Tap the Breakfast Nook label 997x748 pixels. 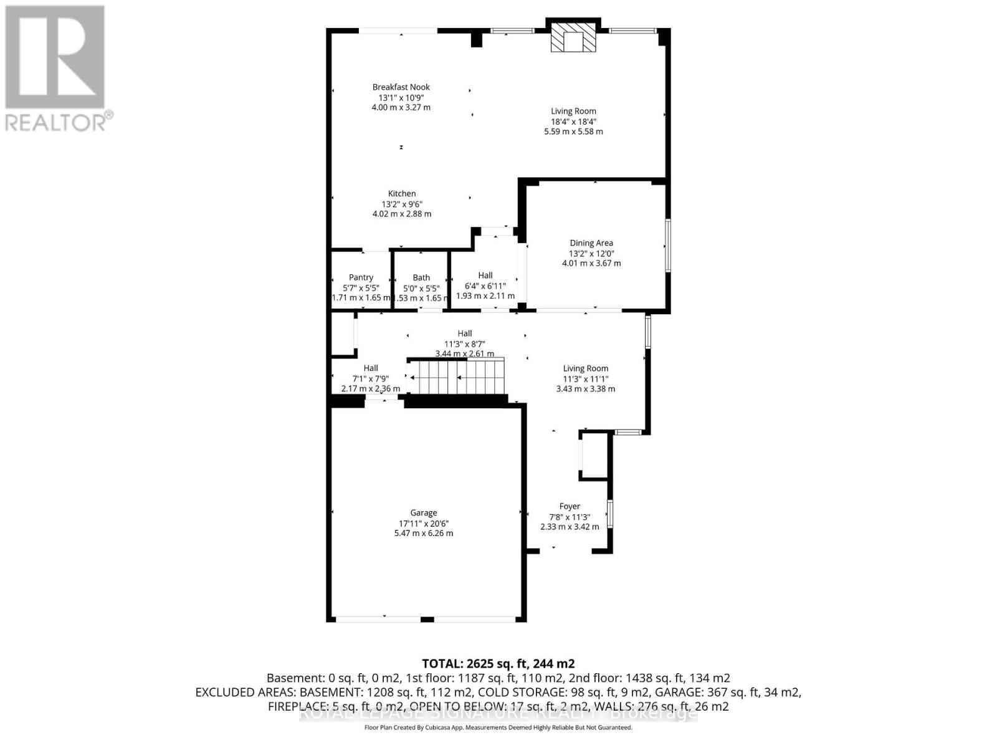[401, 87]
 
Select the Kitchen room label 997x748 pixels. [402, 193]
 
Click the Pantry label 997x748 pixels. [361, 277]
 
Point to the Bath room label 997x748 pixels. [421, 277]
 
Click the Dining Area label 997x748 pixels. [591, 243]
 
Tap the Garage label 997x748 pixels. [423, 513]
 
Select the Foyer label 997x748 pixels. [570, 506]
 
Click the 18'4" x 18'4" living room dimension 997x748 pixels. [573, 122]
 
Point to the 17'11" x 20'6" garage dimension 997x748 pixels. [423, 523]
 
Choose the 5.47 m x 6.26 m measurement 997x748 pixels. [423, 534]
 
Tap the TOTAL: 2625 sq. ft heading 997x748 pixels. [498, 663]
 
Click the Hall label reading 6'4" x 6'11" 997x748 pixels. [485, 275]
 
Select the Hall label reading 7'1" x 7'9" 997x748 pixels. [371, 368]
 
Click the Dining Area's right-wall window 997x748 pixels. [667, 245]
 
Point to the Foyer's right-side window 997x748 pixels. [610, 514]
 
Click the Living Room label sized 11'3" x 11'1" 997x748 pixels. [585, 368]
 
